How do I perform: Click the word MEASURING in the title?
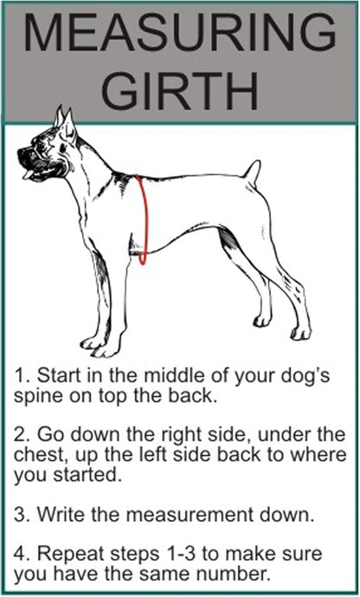click(179, 35)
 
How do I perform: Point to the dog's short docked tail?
click(252, 170)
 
